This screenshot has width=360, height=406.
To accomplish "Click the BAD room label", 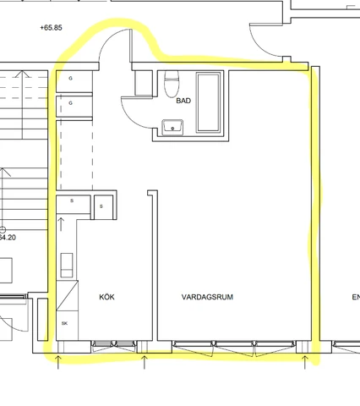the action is [183, 101].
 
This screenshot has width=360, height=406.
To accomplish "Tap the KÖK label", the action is [106, 297].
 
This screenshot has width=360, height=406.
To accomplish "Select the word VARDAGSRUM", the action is [207, 297].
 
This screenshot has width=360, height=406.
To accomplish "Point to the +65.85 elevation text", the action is [51, 28].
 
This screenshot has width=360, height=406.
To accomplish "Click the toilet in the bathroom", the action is [172, 83].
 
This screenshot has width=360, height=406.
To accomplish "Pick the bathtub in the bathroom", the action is [209, 102].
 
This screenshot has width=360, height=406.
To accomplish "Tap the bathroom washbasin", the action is [172, 128].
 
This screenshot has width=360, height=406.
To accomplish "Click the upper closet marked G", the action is [74, 81].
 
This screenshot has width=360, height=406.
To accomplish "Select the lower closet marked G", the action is [74, 106].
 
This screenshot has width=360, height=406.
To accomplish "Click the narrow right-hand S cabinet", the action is [103, 207].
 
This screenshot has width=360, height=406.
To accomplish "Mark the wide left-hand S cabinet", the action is [74, 204].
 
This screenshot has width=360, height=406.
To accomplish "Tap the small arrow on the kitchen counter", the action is [61, 224].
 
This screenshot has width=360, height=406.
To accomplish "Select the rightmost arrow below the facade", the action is [304, 362].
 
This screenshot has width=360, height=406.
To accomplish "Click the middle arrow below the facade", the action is [145, 362].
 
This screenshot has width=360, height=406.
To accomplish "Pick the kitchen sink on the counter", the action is [67, 265].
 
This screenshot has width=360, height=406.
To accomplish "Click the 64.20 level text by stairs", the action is [8, 238].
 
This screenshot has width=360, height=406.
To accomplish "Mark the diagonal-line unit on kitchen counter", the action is [68, 295].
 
